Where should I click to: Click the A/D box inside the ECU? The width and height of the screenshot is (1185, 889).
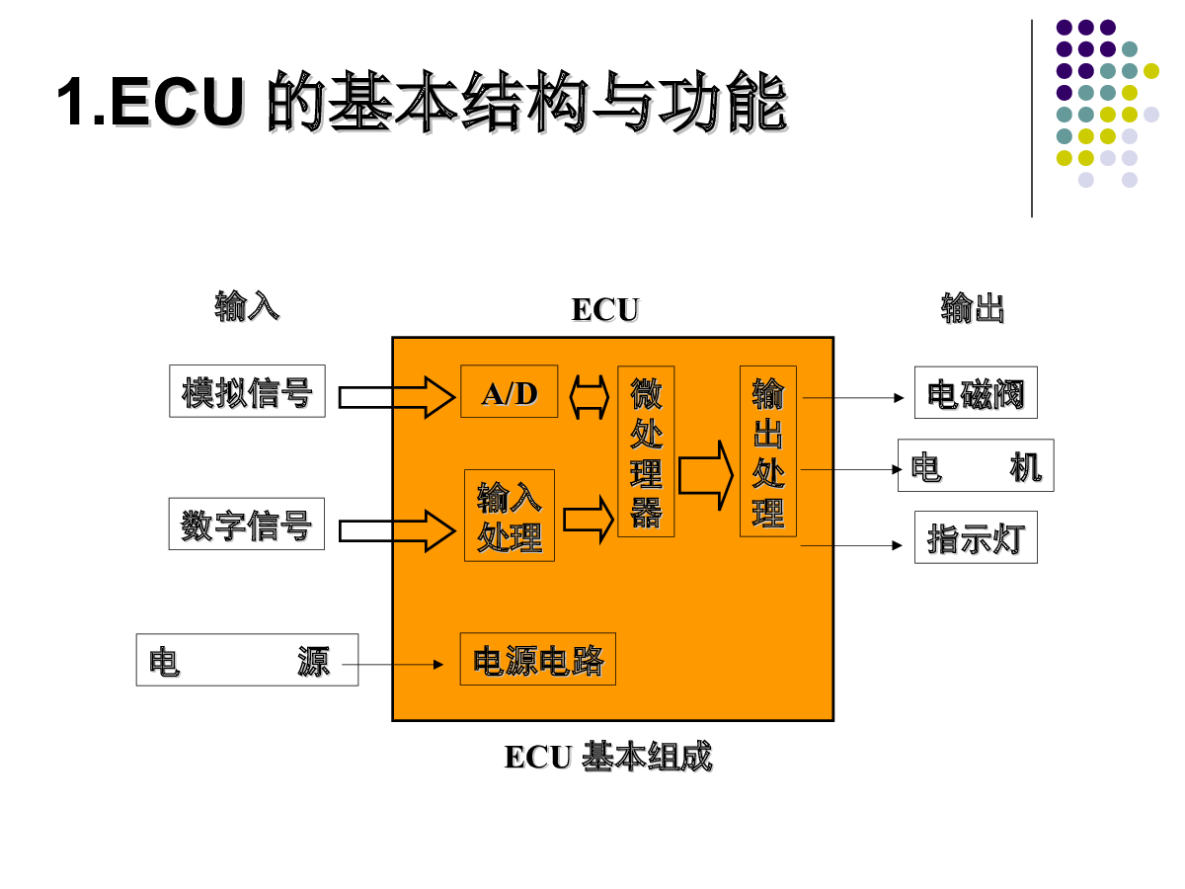tap(510, 392)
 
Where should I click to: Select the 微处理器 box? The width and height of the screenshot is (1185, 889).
tap(646, 451)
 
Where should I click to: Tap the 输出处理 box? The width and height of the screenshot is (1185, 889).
tap(768, 451)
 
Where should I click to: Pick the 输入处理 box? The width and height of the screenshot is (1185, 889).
tap(510, 516)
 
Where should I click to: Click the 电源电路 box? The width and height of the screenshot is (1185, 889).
tap(538, 659)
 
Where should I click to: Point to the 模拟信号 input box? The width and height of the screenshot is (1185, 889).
tap(247, 391)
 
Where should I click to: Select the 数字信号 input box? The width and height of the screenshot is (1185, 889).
tap(247, 525)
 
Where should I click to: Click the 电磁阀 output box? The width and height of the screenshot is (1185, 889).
tap(976, 392)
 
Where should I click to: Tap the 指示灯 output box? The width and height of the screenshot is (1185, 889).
tap(976, 537)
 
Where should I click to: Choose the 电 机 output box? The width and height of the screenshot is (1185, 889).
tap(976, 465)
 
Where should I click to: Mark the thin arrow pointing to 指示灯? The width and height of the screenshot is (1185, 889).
tap(851, 545)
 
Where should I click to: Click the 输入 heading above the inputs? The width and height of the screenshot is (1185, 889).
tap(247, 307)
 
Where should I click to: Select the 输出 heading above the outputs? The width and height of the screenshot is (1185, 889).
tap(973, 309)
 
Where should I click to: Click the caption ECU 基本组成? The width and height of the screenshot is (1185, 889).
tap(607, 757)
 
